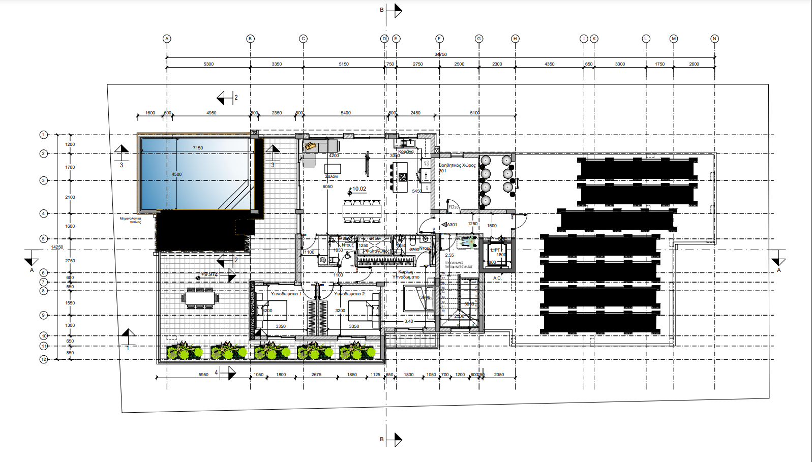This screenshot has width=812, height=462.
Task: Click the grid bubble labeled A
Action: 167,39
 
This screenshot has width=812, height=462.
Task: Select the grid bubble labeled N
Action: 714,39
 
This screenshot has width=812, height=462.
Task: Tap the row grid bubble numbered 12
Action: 44,359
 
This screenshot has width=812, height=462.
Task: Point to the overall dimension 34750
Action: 440,54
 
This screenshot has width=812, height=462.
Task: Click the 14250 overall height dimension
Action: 57,247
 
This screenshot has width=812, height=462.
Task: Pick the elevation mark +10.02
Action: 358,189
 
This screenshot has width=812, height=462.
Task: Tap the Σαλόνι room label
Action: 332,176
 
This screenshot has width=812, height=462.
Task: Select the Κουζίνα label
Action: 406,151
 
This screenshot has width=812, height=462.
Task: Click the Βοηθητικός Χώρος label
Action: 457,165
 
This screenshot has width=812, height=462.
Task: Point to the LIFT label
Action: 495,250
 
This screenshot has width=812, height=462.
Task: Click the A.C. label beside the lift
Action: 497,278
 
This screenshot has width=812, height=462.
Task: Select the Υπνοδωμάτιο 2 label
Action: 349,294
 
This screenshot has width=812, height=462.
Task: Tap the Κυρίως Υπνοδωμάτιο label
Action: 406,274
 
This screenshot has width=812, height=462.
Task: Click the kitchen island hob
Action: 403,177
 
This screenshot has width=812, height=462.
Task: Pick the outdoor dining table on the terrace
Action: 200,298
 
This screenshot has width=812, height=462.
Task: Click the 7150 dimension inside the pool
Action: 198,148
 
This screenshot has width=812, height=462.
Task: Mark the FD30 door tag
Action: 454,207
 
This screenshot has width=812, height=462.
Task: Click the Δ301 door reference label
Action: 451,225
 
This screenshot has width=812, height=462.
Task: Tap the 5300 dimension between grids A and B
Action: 208,64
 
